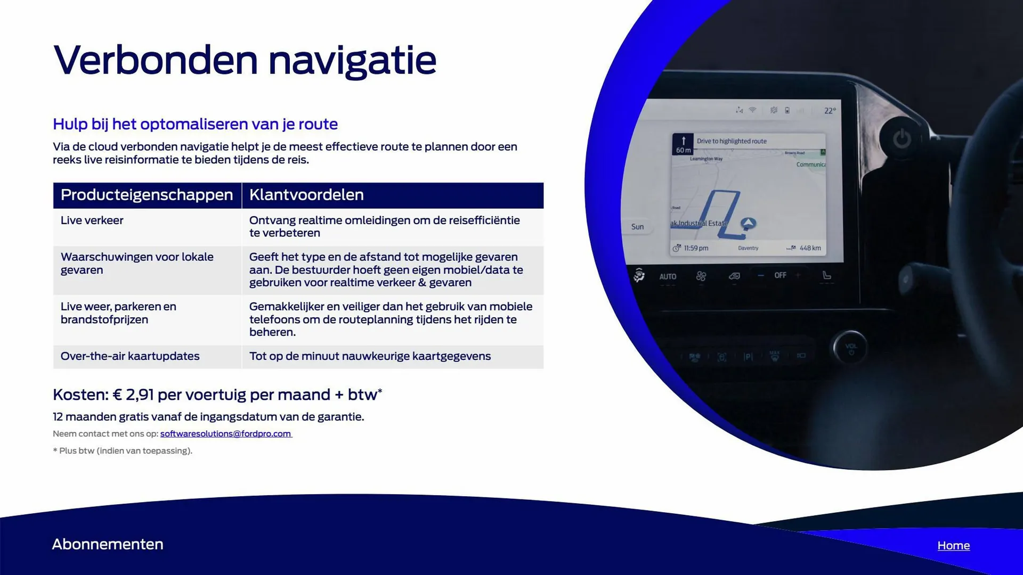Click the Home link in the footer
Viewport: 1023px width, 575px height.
tap(953, 545)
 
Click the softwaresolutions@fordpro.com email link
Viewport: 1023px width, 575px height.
tap(225, 433)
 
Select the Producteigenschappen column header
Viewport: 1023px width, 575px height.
tap(147, 195)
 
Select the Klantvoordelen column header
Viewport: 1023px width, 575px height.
tap(306, 195)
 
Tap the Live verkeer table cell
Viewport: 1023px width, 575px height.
tap(92, 220)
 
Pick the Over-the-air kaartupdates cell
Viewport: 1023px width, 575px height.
tap(130, 356)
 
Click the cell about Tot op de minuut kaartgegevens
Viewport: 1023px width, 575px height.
tap(370, 356)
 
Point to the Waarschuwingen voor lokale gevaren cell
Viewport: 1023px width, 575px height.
tap(137, 263)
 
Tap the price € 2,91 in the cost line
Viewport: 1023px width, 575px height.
tap(133, 395)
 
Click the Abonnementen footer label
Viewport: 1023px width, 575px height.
tap(108, 544)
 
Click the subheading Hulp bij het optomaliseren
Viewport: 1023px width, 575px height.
tap(195, 124)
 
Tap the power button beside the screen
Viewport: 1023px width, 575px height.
tap(902, 139)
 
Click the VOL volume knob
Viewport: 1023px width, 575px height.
tap(851, 348)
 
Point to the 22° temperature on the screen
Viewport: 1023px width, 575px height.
tap(830, 111)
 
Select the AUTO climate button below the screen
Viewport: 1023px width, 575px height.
tap(668, 276)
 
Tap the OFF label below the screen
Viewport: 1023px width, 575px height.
tap(780, 275)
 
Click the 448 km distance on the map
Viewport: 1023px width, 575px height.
tap(809, 248)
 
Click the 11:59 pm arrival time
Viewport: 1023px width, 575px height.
tap(695, 248)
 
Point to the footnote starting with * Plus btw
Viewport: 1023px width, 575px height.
tap(123, 450)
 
